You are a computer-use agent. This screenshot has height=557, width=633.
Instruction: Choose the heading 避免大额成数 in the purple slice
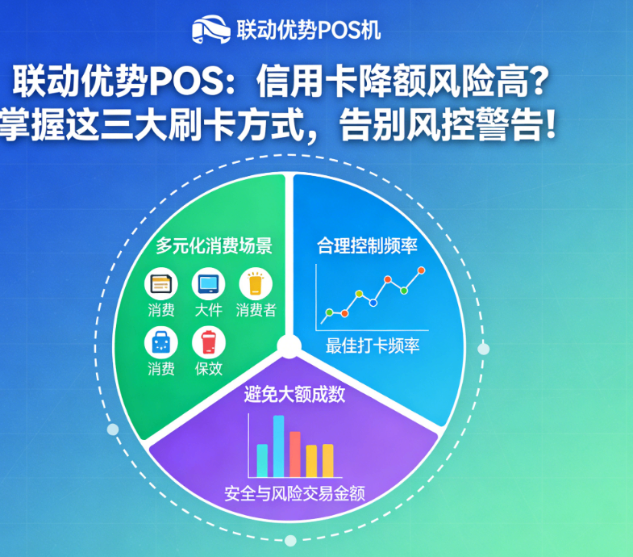click(x=295, y=395)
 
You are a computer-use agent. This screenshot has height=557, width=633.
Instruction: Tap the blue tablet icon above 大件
click(x=208, y=284)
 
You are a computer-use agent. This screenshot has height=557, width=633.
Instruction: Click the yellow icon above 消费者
click(x=256, y=284)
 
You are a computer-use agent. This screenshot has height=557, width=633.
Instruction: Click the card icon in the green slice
click(x=161, y=284)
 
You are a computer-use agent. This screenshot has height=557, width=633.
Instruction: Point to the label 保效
click(x=208, y=369)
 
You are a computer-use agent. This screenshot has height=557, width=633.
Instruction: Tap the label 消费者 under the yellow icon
click(x=256, y=310)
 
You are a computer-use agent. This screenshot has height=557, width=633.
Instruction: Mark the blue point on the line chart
click(x=373, y=302)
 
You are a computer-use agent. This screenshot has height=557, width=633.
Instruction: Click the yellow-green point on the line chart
click(x=329, y=312)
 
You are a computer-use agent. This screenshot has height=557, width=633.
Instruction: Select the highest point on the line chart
click(x=421, y=270)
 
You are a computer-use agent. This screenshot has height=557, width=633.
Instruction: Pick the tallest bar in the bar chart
click(x=278, y=446)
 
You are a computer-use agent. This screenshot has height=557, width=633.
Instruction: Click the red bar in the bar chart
click(x=295, y=454)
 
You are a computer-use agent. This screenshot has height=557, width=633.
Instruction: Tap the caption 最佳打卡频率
click(x=373, y=346)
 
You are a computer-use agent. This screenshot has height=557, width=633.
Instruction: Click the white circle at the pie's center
click(x=289, y=348)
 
